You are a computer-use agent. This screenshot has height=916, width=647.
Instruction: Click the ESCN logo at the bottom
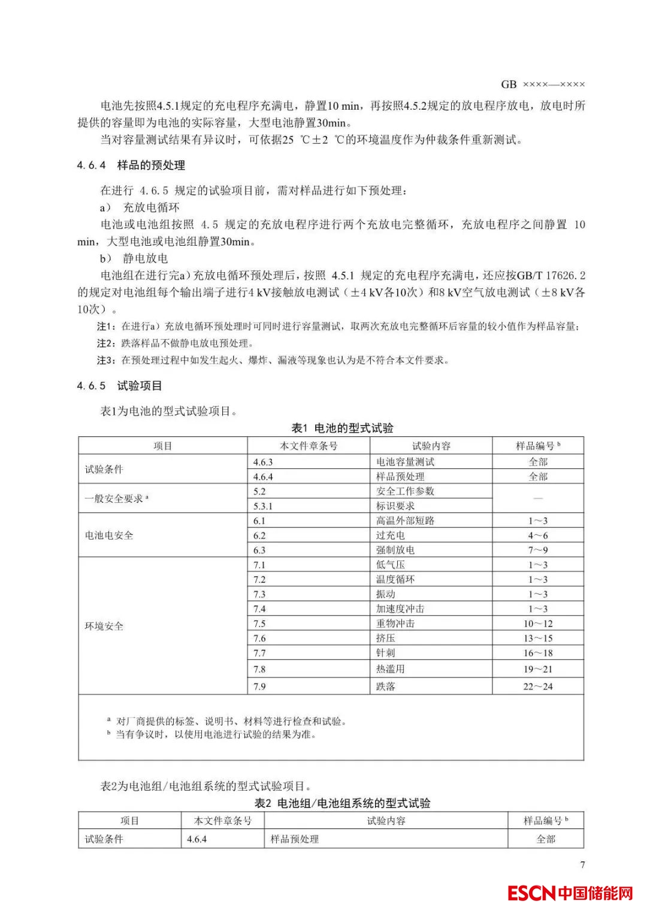570,893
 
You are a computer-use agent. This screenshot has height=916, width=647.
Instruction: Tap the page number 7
582,864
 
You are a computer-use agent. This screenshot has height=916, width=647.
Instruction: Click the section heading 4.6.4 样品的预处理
131,165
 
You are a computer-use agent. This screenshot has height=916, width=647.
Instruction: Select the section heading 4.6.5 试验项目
120,385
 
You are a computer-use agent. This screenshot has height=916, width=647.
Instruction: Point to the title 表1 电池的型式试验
342,428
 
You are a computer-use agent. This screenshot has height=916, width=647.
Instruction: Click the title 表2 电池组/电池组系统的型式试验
342,803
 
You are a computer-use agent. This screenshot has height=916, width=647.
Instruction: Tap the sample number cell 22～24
537,686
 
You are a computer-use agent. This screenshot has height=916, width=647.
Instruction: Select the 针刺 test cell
385,653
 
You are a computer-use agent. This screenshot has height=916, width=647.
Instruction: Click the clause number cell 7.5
259,623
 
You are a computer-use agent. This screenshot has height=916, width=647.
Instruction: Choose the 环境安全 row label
104,626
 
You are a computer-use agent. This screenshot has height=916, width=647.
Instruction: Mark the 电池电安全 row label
109,535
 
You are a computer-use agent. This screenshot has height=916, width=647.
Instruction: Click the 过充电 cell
390,535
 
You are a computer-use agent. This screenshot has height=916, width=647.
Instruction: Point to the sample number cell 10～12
537,623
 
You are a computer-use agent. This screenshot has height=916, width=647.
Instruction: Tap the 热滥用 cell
390,669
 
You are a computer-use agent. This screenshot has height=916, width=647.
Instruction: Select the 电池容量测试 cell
405,462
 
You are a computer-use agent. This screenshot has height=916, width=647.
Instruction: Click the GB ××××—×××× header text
543,85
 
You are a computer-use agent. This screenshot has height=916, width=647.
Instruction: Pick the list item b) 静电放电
134,258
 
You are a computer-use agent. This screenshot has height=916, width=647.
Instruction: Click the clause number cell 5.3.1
263,506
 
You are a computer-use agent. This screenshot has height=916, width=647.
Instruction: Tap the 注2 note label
105,343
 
